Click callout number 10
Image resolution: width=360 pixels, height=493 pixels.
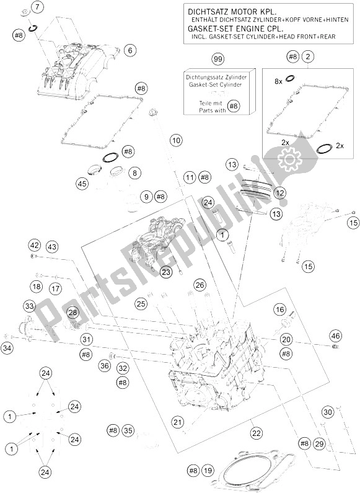click(176, 140)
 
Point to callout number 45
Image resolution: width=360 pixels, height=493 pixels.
click(82, 184)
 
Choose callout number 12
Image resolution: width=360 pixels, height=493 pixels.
click(279, 193)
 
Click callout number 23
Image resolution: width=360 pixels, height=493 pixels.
click(166, 272)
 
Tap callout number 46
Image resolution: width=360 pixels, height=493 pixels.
click(335, 335)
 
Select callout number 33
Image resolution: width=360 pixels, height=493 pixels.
click(29, 306)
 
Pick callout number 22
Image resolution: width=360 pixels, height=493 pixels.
click(257, 433)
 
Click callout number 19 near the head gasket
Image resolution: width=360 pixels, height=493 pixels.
click(208, 470)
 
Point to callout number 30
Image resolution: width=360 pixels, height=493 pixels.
click(328, 412)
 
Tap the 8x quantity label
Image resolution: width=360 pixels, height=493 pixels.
click(279, 81)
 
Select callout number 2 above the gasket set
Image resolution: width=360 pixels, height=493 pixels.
click(308, 57)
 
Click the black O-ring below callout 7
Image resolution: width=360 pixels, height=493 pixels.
click(33, 29)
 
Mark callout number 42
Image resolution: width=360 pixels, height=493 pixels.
click(35, 245)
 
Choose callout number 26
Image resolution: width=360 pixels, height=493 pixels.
click(200, 285)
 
